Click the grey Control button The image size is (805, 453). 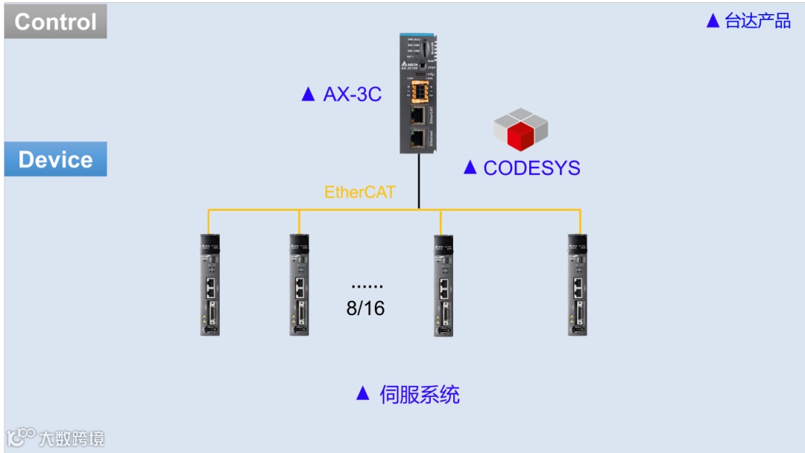pos(55,22)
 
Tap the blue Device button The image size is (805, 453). pos(55,159)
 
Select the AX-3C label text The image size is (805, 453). pos(352,94)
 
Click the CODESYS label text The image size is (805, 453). pos(531,168)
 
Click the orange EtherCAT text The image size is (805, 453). pos(359,192)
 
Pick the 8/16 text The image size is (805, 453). pos(365,308)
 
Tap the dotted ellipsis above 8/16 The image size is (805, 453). pos(367,286)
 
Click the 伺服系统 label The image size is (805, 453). pos(420,394)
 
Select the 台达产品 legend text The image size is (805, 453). pos(758,21)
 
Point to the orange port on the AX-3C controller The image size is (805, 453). pos(420,92)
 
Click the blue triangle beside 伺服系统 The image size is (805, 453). pos(363,393)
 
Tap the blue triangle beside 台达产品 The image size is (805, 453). pos(713,21)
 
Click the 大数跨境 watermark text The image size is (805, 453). pos(72,437)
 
